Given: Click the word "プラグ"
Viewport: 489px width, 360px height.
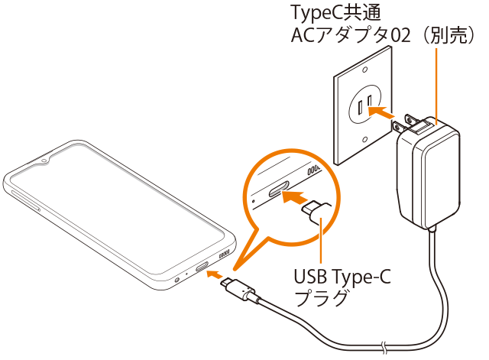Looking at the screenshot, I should click(321, 298).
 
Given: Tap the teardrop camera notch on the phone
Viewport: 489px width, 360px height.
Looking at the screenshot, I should click(45, 161).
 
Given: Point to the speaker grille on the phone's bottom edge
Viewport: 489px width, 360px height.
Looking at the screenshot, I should click(225, 252).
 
